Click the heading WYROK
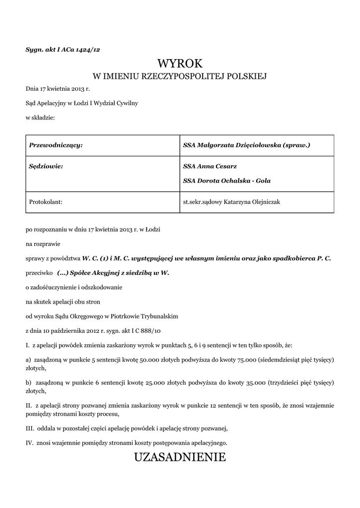pyautogui.click(x=180, y=63)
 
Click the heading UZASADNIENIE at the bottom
pyautogui.click(x=180, y=457)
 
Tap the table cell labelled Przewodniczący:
pyautogui.click(x=56, y=145)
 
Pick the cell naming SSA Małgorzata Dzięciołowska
pyautogui.click(x=246, y=145)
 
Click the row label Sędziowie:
pyautogui.click(x=46, y=167)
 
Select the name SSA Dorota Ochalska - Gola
pyautogui.click(x=227, y=181)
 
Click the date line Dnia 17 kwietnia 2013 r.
pyautogui.click(x=58, y=89)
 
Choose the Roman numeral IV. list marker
pyautogui.click(x=29, y=442)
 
